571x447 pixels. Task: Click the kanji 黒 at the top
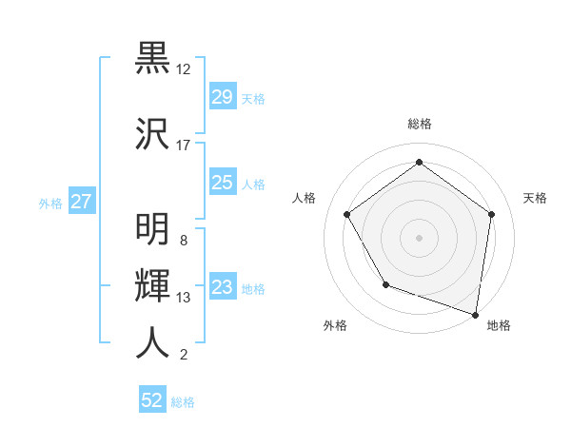coord(152,58)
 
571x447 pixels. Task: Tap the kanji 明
coord(152,229)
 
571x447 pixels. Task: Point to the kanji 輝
coord(152,284)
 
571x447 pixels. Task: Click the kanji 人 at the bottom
coord(152,342)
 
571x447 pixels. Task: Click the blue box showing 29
coord(223,97)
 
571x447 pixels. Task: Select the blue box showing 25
coord(223,183)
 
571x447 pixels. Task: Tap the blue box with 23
coord(223,288)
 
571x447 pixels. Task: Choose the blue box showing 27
coord(82,202)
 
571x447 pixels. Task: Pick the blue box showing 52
coord(152,400)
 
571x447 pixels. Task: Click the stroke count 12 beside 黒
coord(183,69)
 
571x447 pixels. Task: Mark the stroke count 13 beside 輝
coord(183,298)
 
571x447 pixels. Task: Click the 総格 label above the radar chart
coord(419,124)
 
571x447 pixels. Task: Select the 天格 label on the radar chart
coord(535,198)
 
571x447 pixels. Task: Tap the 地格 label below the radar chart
coord(499,325)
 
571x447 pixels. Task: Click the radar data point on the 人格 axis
coord(347,214)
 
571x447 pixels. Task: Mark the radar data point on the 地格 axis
coord(475,314)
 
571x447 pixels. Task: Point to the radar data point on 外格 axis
coord(385,284)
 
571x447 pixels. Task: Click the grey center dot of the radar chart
coord(419,237)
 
